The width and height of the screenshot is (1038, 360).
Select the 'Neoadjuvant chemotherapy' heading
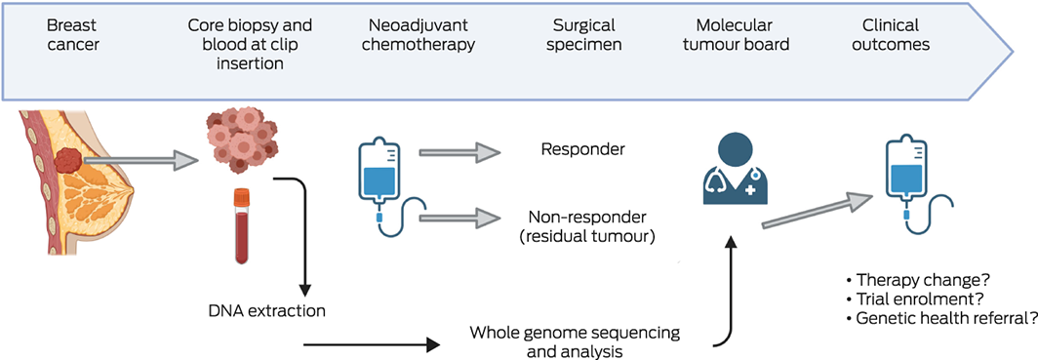click(x=420, y=36)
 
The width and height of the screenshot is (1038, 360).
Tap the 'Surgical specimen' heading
click(x=583, y=36)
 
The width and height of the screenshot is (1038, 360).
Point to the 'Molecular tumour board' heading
click(x=734, y=36)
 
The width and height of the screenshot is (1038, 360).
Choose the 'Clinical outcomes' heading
click(x=891, y=36)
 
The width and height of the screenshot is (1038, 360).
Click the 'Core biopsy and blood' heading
click(x=250, y=45)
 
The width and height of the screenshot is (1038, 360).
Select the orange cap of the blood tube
click(x=240, y=196)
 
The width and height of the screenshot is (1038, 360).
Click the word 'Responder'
click(x=582, y=149)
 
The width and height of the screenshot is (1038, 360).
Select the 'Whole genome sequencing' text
click(x=575, y=333)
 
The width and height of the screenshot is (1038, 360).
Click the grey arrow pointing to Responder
click(x=459, y=153)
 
